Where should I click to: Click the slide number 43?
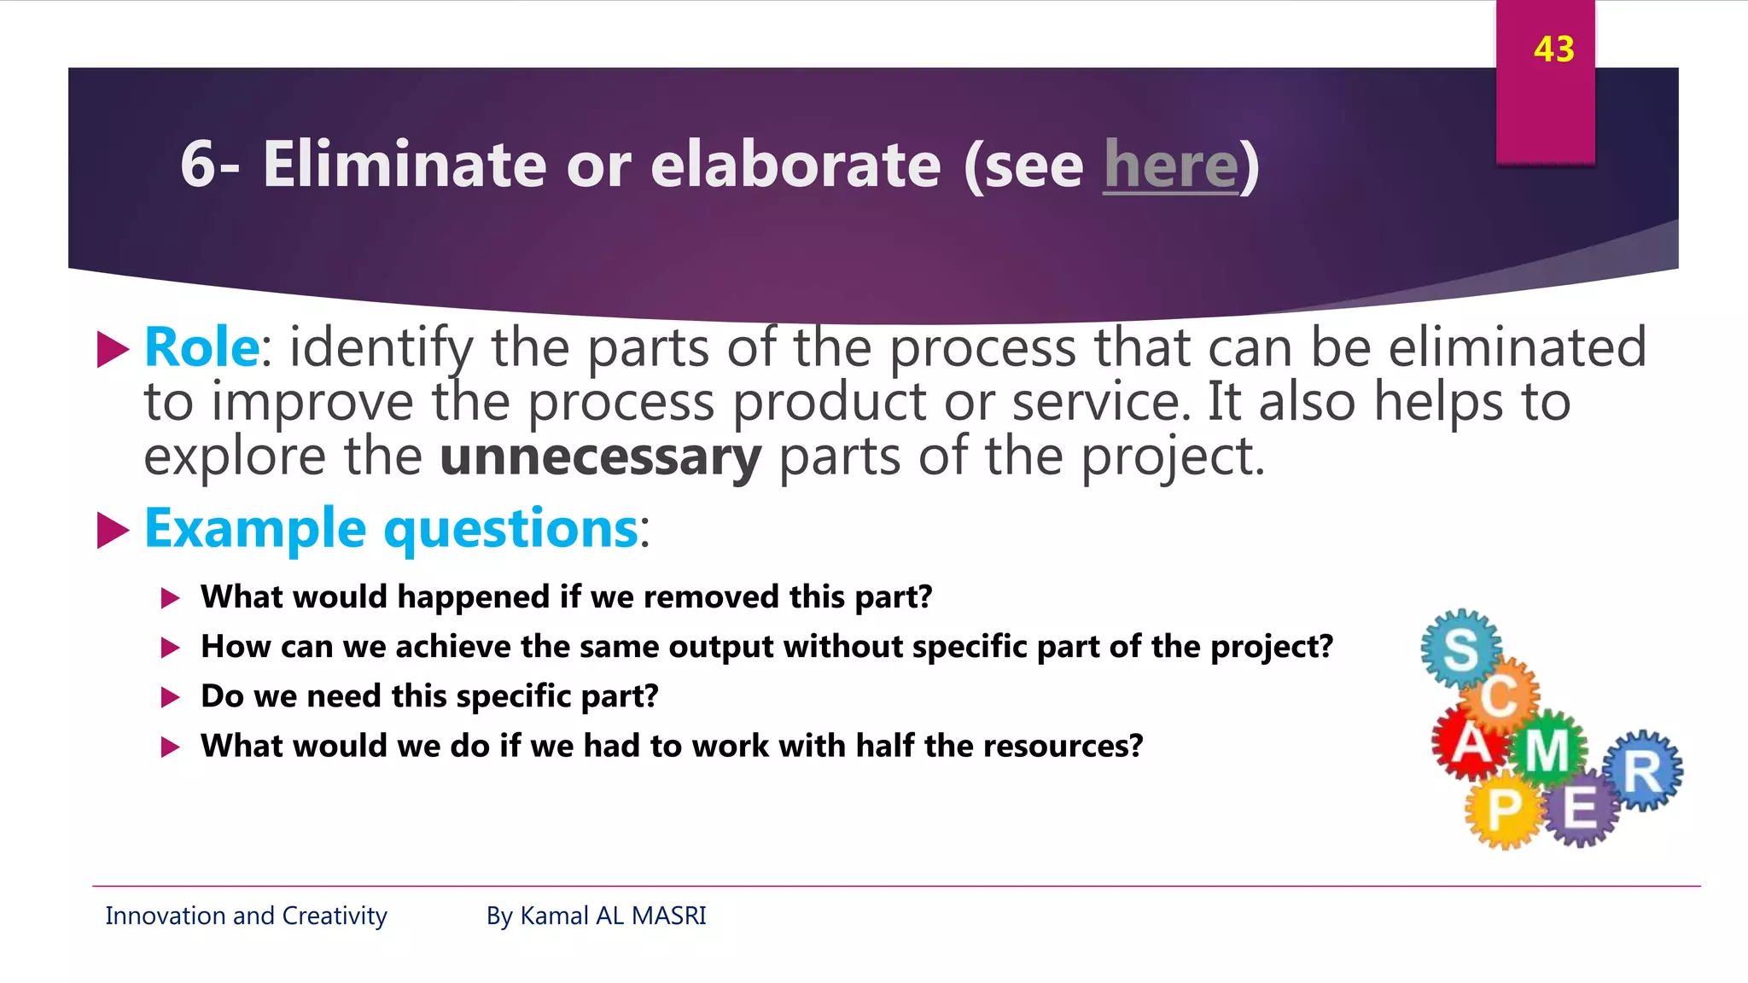(x=1553, y=49)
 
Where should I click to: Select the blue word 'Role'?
(x=201, y=347)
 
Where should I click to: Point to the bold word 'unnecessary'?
(x=600, y=457)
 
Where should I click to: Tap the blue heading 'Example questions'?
(x=391, y=528)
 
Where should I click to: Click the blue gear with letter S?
(x=1460, y=649)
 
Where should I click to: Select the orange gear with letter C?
(x=1500, y=695)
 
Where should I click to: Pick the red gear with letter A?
(x=1470, y=742)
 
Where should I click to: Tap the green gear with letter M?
(x=1547, y=749)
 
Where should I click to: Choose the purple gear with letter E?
(x=1580, y=806)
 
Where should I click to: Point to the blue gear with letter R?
(x=1642, y=771)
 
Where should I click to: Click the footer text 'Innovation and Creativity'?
(x=246, y=916)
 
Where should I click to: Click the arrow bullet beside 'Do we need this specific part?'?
(x=171, y=697)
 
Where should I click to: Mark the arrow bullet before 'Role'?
(x=113, y=349)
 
